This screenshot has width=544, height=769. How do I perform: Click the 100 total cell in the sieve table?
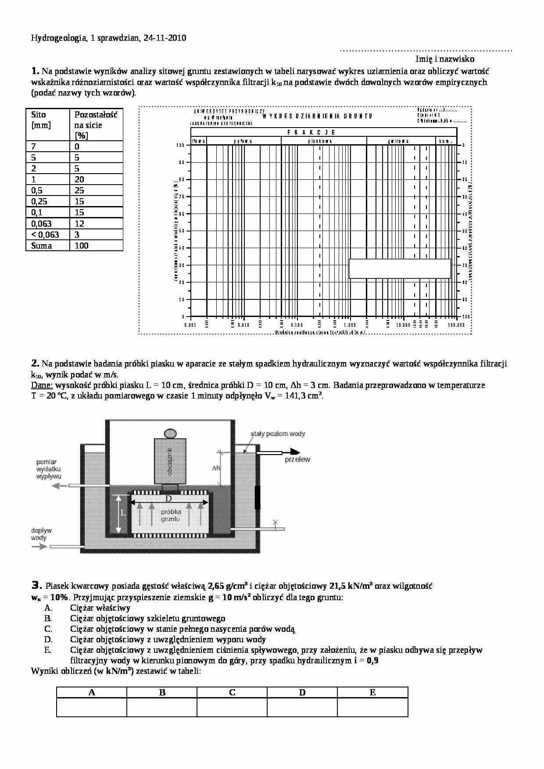(x=82, y=246)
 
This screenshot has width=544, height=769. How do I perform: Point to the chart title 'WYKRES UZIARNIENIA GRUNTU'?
(x=317, y=116)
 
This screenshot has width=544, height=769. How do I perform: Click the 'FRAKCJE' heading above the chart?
(x=311, y=132)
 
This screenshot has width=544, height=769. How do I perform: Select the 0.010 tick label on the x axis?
(x=243, y=325)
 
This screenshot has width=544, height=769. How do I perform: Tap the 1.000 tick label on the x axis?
(x=350, y=325)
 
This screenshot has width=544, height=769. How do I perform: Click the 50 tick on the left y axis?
(x=182, y=231)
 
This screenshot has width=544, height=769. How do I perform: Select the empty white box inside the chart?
(x=400, y=268)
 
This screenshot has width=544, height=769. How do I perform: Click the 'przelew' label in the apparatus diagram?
(x=297, y=459)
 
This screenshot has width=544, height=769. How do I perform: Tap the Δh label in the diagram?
(x=216, y=468)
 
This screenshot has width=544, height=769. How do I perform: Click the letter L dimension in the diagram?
(x=123, y=513)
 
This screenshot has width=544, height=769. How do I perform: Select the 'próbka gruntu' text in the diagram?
(x=171, y=515)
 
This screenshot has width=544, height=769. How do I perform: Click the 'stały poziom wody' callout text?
(x=278, y=434)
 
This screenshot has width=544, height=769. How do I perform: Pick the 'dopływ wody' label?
(x=39, y=534)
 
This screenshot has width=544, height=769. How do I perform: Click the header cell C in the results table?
(x=232, y=693)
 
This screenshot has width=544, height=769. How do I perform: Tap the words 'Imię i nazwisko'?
(x=445, y=59)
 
